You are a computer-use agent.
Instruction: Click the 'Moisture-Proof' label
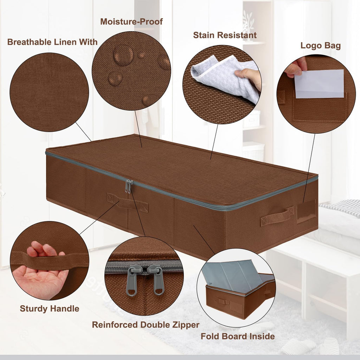tap(131, 21)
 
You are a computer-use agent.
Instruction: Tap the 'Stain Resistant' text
tap(225, 35)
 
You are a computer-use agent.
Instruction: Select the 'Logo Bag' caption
tap(320, 46)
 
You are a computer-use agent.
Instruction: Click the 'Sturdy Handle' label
tap(49, 309)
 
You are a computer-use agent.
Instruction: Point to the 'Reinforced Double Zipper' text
tap(146, 325)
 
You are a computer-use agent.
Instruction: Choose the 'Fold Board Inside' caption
tap(238, 336)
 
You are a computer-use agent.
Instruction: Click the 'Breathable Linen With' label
tap(52, 42)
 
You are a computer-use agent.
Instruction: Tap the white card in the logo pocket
tap(319, 84)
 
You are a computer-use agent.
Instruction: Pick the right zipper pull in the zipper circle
tap(157, 279)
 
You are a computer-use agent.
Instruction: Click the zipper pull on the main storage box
tap(129, 186)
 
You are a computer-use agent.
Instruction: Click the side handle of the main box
tap(277, 216)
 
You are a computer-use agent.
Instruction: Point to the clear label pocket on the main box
tap(306, 211)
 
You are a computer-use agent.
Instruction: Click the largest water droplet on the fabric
tap(123, 56)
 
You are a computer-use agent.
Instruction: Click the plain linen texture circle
tap(49, 92)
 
